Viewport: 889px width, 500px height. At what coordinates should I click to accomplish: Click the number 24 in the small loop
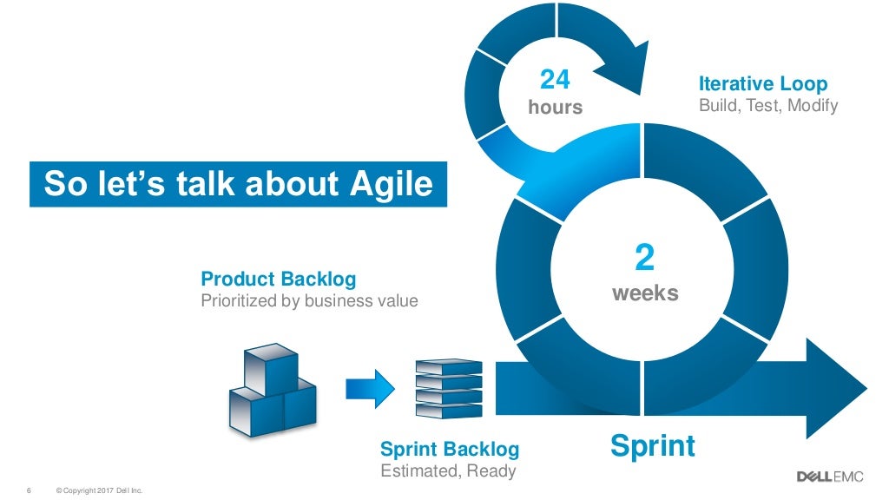click(555, 80)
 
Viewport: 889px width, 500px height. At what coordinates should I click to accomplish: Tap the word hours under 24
click(555, 108)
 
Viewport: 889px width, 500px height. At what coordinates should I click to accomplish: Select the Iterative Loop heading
click(762, 83)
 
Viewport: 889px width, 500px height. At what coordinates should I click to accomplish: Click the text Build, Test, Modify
click(767, 106)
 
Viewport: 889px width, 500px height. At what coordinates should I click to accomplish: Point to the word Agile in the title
click(387, 183)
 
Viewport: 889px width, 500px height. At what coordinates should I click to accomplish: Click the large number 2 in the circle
click(644, 259)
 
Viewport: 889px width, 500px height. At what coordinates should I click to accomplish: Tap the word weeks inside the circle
click(644, 293)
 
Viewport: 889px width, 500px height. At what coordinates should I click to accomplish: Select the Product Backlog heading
click(278, 279)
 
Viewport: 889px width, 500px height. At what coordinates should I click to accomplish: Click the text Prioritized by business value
click(309, 301)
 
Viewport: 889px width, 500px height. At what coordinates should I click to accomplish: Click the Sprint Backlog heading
click(450, 449)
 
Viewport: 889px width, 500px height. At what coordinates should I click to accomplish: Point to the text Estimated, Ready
click(448, 470)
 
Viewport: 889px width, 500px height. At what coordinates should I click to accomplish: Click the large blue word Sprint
click(652, 446)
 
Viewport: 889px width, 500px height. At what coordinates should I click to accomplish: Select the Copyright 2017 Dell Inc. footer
click(98, 488)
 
